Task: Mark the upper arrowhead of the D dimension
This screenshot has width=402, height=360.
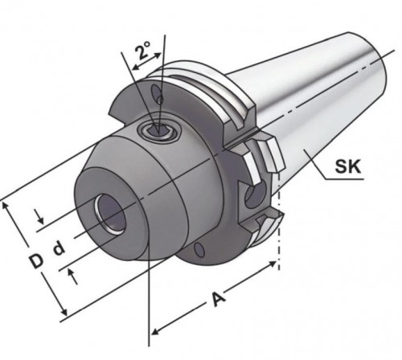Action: (x=10, y=204)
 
